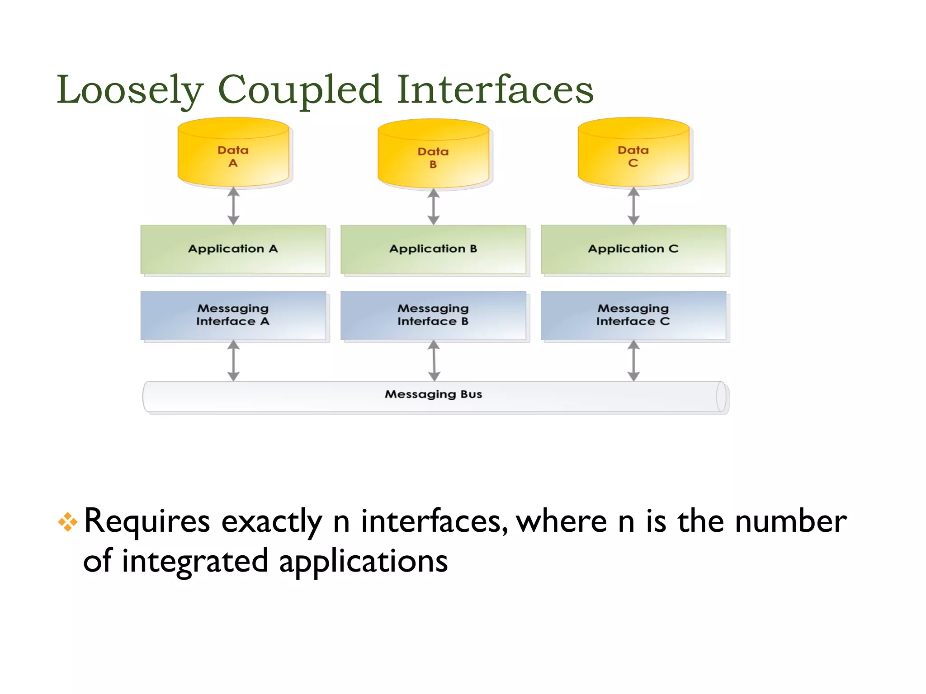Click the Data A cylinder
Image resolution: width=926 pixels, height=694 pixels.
[x=233, y=154]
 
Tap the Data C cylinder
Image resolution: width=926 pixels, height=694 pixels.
[x=633, y=154]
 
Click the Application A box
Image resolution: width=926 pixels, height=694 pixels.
[x=233, y=249]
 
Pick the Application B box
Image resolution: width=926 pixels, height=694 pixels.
[x=433, y=249]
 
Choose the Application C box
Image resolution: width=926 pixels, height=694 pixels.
[x=633, y=249]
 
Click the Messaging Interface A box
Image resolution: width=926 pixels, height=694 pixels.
[x=233, y=315]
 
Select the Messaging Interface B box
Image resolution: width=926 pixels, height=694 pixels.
[x=433, y=315]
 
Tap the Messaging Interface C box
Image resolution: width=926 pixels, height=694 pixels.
[x=633, y=315]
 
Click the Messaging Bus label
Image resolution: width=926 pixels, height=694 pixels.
[x=433, y=394]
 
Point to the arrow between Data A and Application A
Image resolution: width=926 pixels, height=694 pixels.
[x=233, y=206]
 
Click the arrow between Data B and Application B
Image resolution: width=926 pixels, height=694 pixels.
[x=433, y=206]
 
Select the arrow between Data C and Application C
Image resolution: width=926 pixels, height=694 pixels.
[x=633, y=206]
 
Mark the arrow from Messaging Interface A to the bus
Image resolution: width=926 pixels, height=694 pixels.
[x=233, y=361]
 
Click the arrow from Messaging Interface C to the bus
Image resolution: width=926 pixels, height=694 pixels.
[x=633, y=361]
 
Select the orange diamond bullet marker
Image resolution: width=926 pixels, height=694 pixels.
[x=67, y=522]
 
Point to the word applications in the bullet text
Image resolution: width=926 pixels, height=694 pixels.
[x=363, y=562]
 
